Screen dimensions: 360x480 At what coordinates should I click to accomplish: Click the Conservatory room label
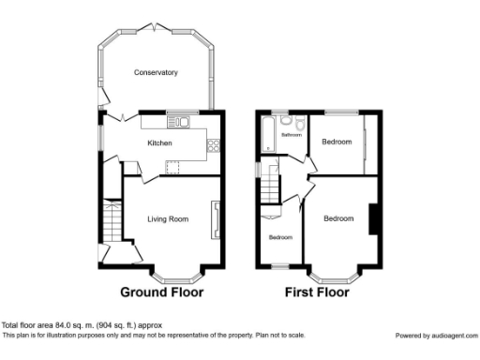[156, 72]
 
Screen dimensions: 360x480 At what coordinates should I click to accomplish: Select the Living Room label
[168, 219]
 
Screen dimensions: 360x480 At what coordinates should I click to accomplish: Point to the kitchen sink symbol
[177, 122]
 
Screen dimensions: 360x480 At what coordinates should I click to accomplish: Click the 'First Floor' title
[317, 292]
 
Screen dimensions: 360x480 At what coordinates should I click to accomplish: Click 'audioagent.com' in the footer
[454, 335]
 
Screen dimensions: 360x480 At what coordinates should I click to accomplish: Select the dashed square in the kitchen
[172, 167]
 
